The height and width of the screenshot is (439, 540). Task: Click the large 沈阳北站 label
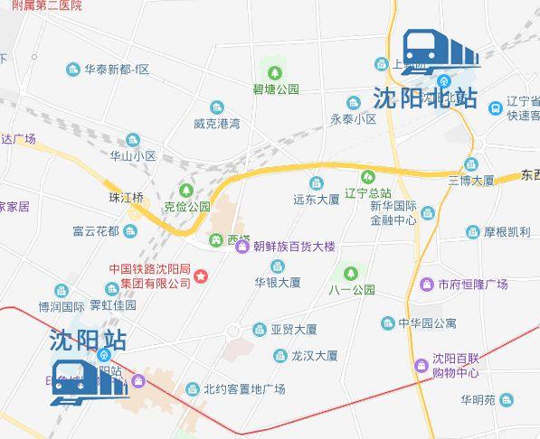coord(424,98)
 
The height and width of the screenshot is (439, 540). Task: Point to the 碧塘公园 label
coord(276,89)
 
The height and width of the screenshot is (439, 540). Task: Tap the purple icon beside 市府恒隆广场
coord(426,285)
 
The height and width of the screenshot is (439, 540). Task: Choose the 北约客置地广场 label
coord(243,389)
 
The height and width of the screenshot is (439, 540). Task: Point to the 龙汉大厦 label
coord(314,356)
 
